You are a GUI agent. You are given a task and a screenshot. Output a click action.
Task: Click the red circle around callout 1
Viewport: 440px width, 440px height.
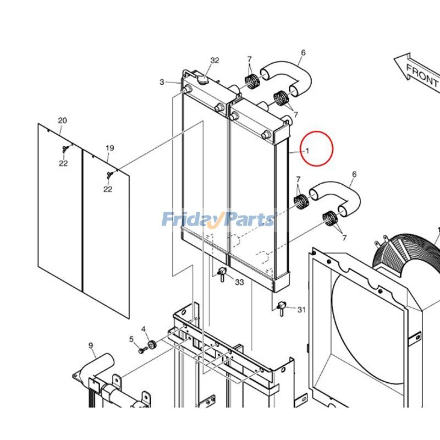316,148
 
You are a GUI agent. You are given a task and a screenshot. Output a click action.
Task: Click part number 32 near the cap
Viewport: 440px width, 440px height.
215,61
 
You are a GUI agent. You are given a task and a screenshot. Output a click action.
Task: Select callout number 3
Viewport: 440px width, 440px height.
162,82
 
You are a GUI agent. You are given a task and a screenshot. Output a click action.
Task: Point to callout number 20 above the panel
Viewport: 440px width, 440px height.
62,120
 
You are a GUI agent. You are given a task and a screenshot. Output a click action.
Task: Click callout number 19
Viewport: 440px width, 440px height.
109,148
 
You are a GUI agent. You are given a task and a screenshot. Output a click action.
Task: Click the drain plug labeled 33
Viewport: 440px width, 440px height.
222,272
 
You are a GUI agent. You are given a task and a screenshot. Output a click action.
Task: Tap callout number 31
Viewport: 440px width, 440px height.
301,310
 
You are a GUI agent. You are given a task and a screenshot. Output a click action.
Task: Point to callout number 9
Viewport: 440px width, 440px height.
91,345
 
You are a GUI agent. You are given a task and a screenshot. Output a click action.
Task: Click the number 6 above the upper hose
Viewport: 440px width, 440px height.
303,53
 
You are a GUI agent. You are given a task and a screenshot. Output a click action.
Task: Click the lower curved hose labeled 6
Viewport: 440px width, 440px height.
338,195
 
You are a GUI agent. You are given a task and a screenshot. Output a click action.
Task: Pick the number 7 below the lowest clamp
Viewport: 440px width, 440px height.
344,238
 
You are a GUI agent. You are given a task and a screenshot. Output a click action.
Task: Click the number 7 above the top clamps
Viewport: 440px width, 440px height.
249,59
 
